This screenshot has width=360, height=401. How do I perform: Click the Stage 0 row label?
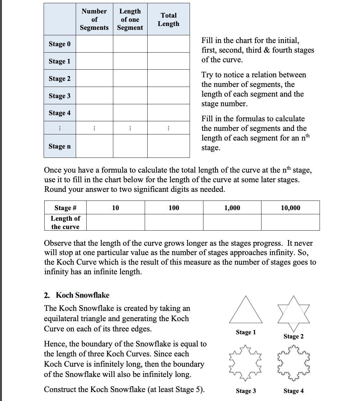[x=60, y=44]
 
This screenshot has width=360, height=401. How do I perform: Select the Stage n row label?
[x=60, y=146]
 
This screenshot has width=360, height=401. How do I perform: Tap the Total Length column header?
[x=168, y=20]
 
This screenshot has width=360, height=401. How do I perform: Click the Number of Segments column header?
[x=94, y=20]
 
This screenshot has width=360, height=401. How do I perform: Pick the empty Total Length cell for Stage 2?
[x=168, y=78]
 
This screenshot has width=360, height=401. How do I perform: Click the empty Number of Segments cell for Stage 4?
[x=94, y=113]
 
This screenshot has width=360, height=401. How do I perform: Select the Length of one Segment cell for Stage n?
[x=130, y=146]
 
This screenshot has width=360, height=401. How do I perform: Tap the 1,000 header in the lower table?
[x=232, y=208]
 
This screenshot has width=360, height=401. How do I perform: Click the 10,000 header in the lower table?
[x=290, y=208]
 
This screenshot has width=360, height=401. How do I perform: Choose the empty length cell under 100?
[x=174, y=222]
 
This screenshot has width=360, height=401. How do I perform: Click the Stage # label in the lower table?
[x=65, y=208]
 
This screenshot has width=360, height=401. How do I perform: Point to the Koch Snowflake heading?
[x=82, y=295]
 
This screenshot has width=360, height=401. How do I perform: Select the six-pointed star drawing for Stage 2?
[x=294, y=313]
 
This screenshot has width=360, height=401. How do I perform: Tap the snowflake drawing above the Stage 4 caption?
[x=294, y=363]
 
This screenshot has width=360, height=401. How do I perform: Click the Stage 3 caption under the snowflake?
[x=246, y=391]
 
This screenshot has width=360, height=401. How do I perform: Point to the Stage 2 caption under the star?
[x=293, y=336]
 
